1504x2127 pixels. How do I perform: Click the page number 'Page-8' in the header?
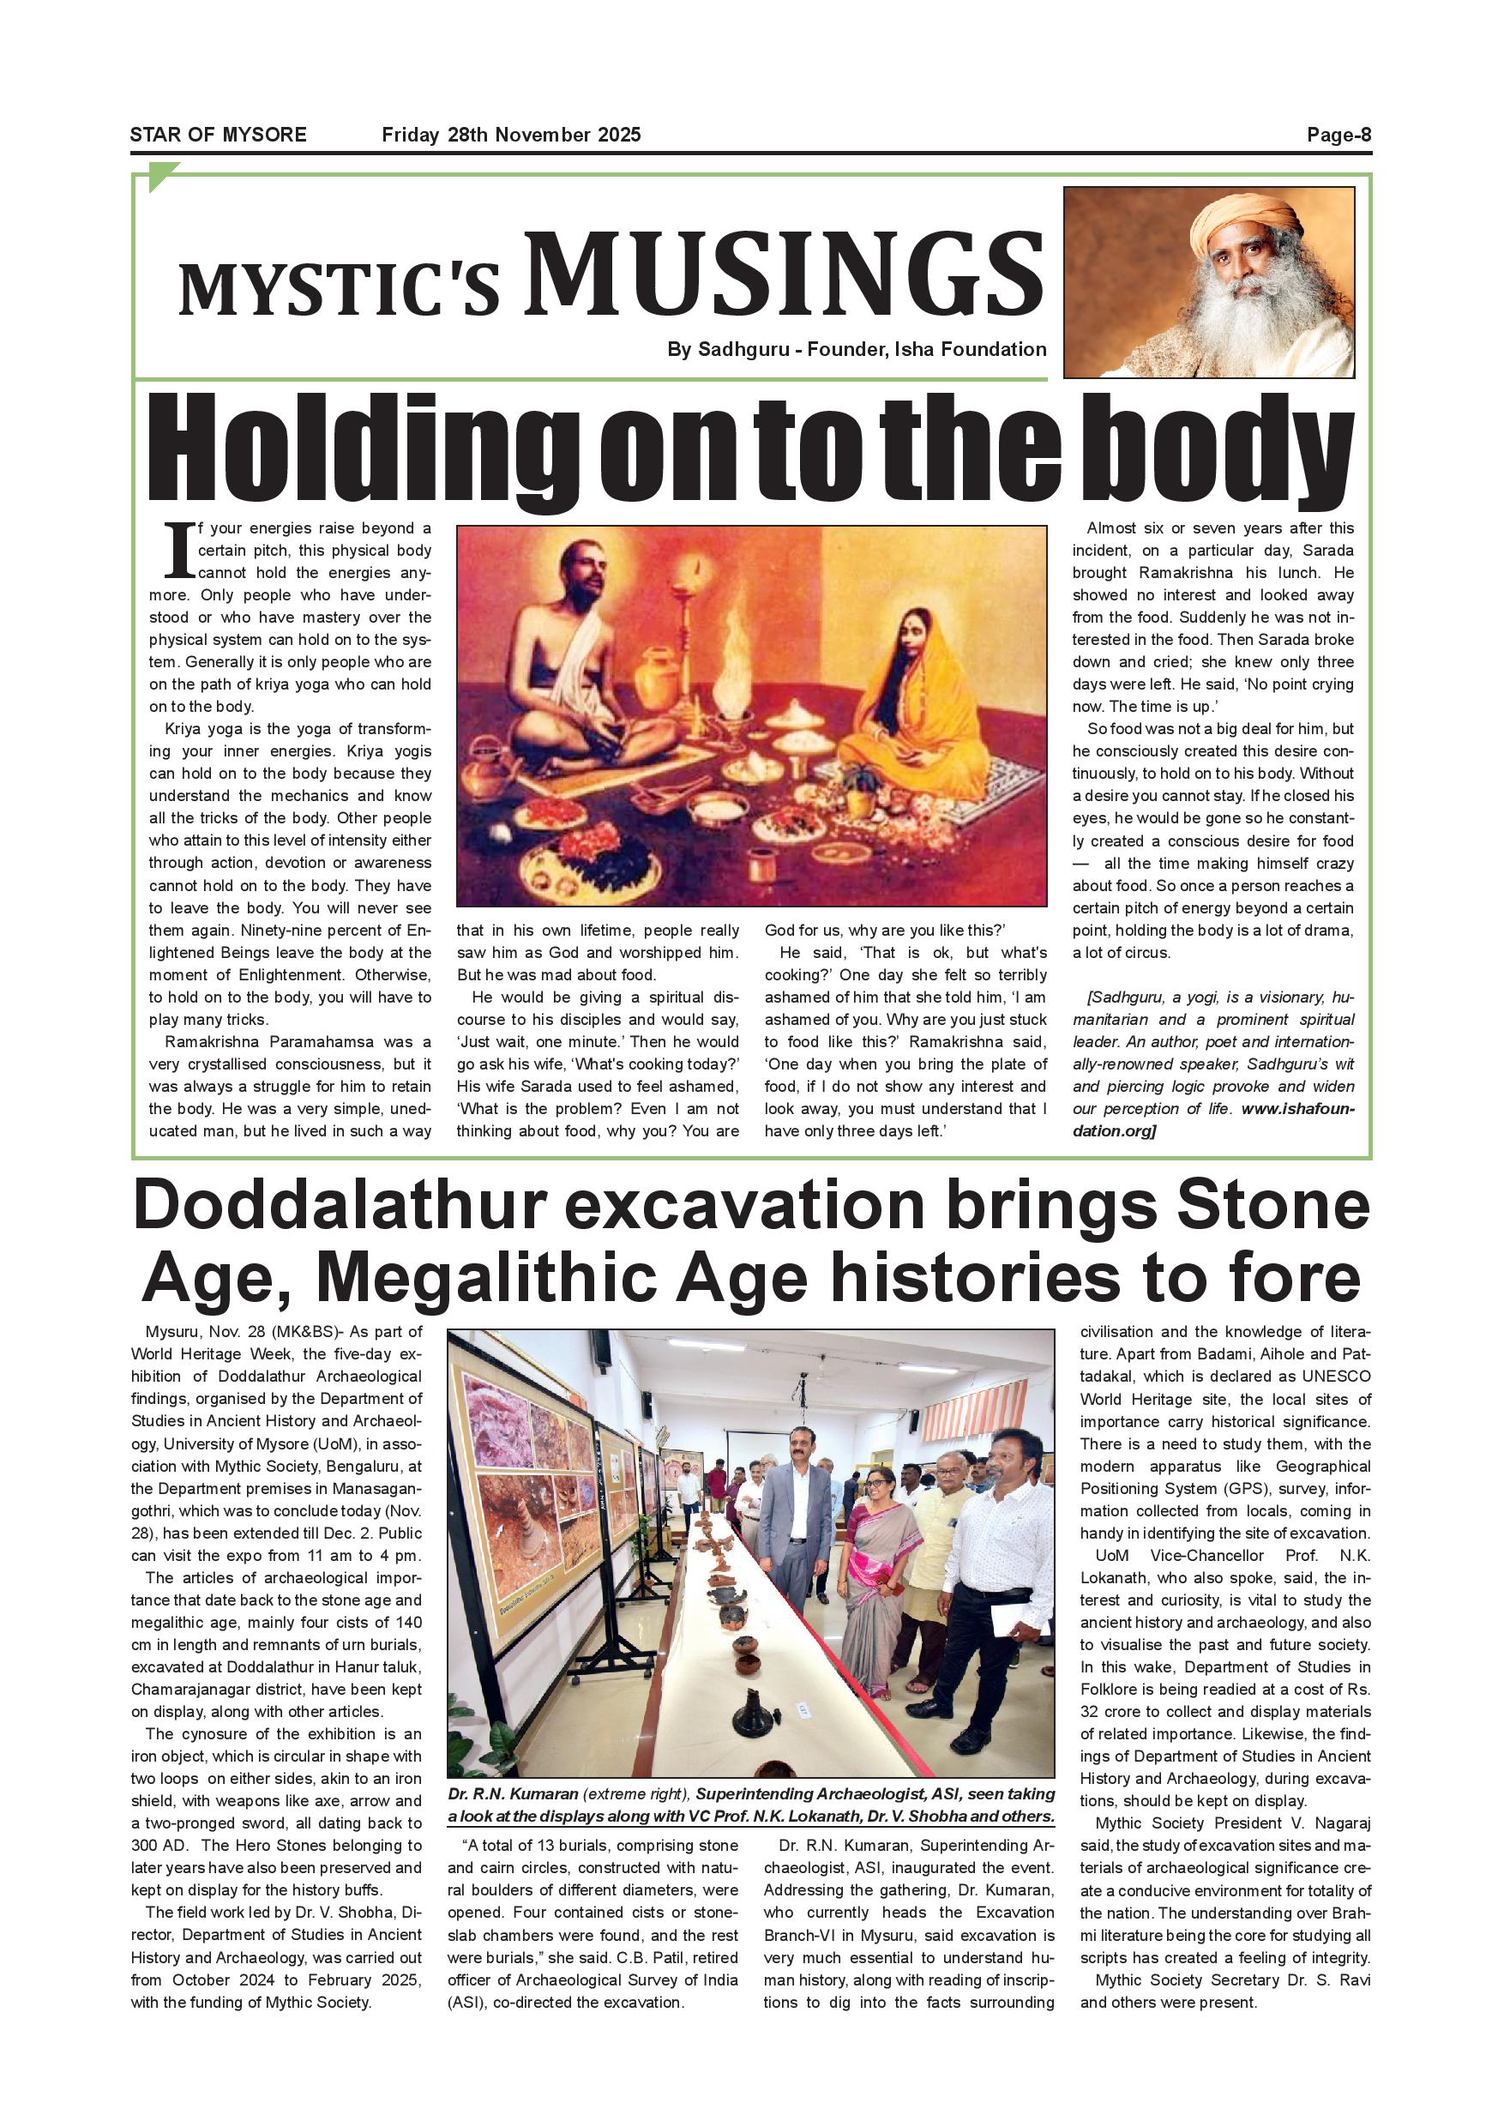coord(1339,136)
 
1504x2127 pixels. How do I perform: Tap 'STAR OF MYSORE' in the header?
coord(218,136)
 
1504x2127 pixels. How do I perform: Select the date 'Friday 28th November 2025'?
coord(511,136)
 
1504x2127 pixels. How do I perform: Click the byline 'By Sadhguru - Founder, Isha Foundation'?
coord(857,349)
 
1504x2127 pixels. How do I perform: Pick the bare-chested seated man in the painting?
coord(582,667)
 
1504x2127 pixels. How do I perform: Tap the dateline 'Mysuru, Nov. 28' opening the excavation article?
coord(185,1332)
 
